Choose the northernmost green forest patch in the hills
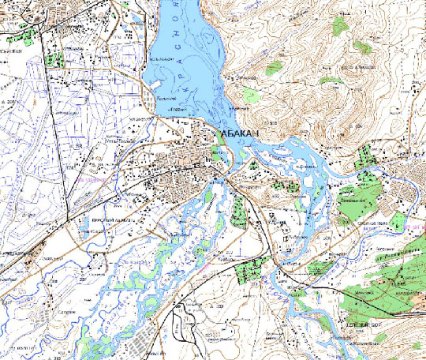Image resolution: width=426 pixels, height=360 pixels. pyautogui.click(x=340, y=27)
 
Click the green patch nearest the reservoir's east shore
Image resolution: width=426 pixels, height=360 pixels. pyautogui.click(x=251, y=95)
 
